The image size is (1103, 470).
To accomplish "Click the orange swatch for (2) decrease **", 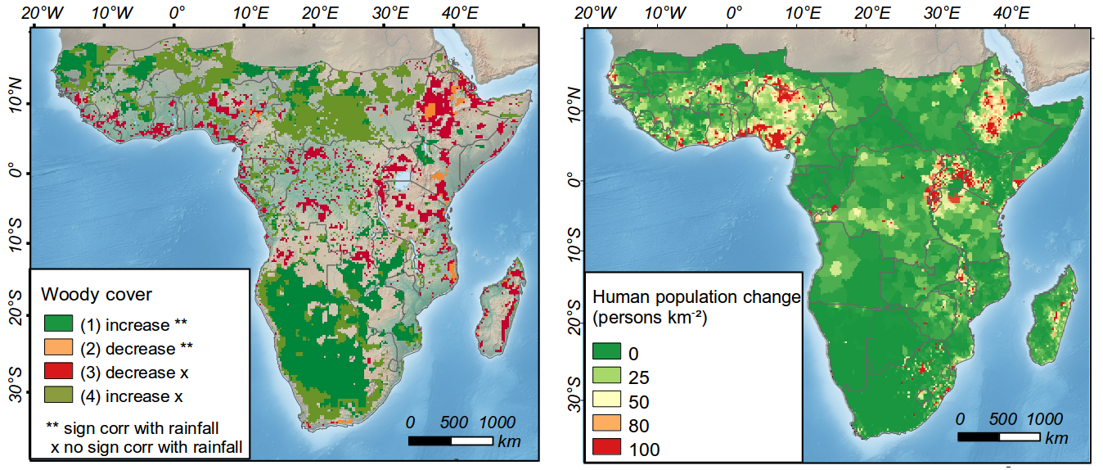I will pos(58,348).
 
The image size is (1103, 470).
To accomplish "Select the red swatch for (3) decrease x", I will pos(58,373).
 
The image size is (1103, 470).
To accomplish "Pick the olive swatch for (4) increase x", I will pos(58,396).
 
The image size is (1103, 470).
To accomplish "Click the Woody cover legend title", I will pos(97,294).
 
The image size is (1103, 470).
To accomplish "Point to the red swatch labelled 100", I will pos(607,448).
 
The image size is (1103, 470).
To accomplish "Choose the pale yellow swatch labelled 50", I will pos(607,400).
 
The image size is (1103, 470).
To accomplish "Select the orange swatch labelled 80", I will pos(607,424).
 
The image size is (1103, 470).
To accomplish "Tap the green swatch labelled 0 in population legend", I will pos(607,353).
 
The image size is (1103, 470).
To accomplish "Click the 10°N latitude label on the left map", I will pos(14,104).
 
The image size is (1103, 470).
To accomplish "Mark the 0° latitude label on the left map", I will pos(14,174).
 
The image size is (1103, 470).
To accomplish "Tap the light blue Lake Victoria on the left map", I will pos(400,181).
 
